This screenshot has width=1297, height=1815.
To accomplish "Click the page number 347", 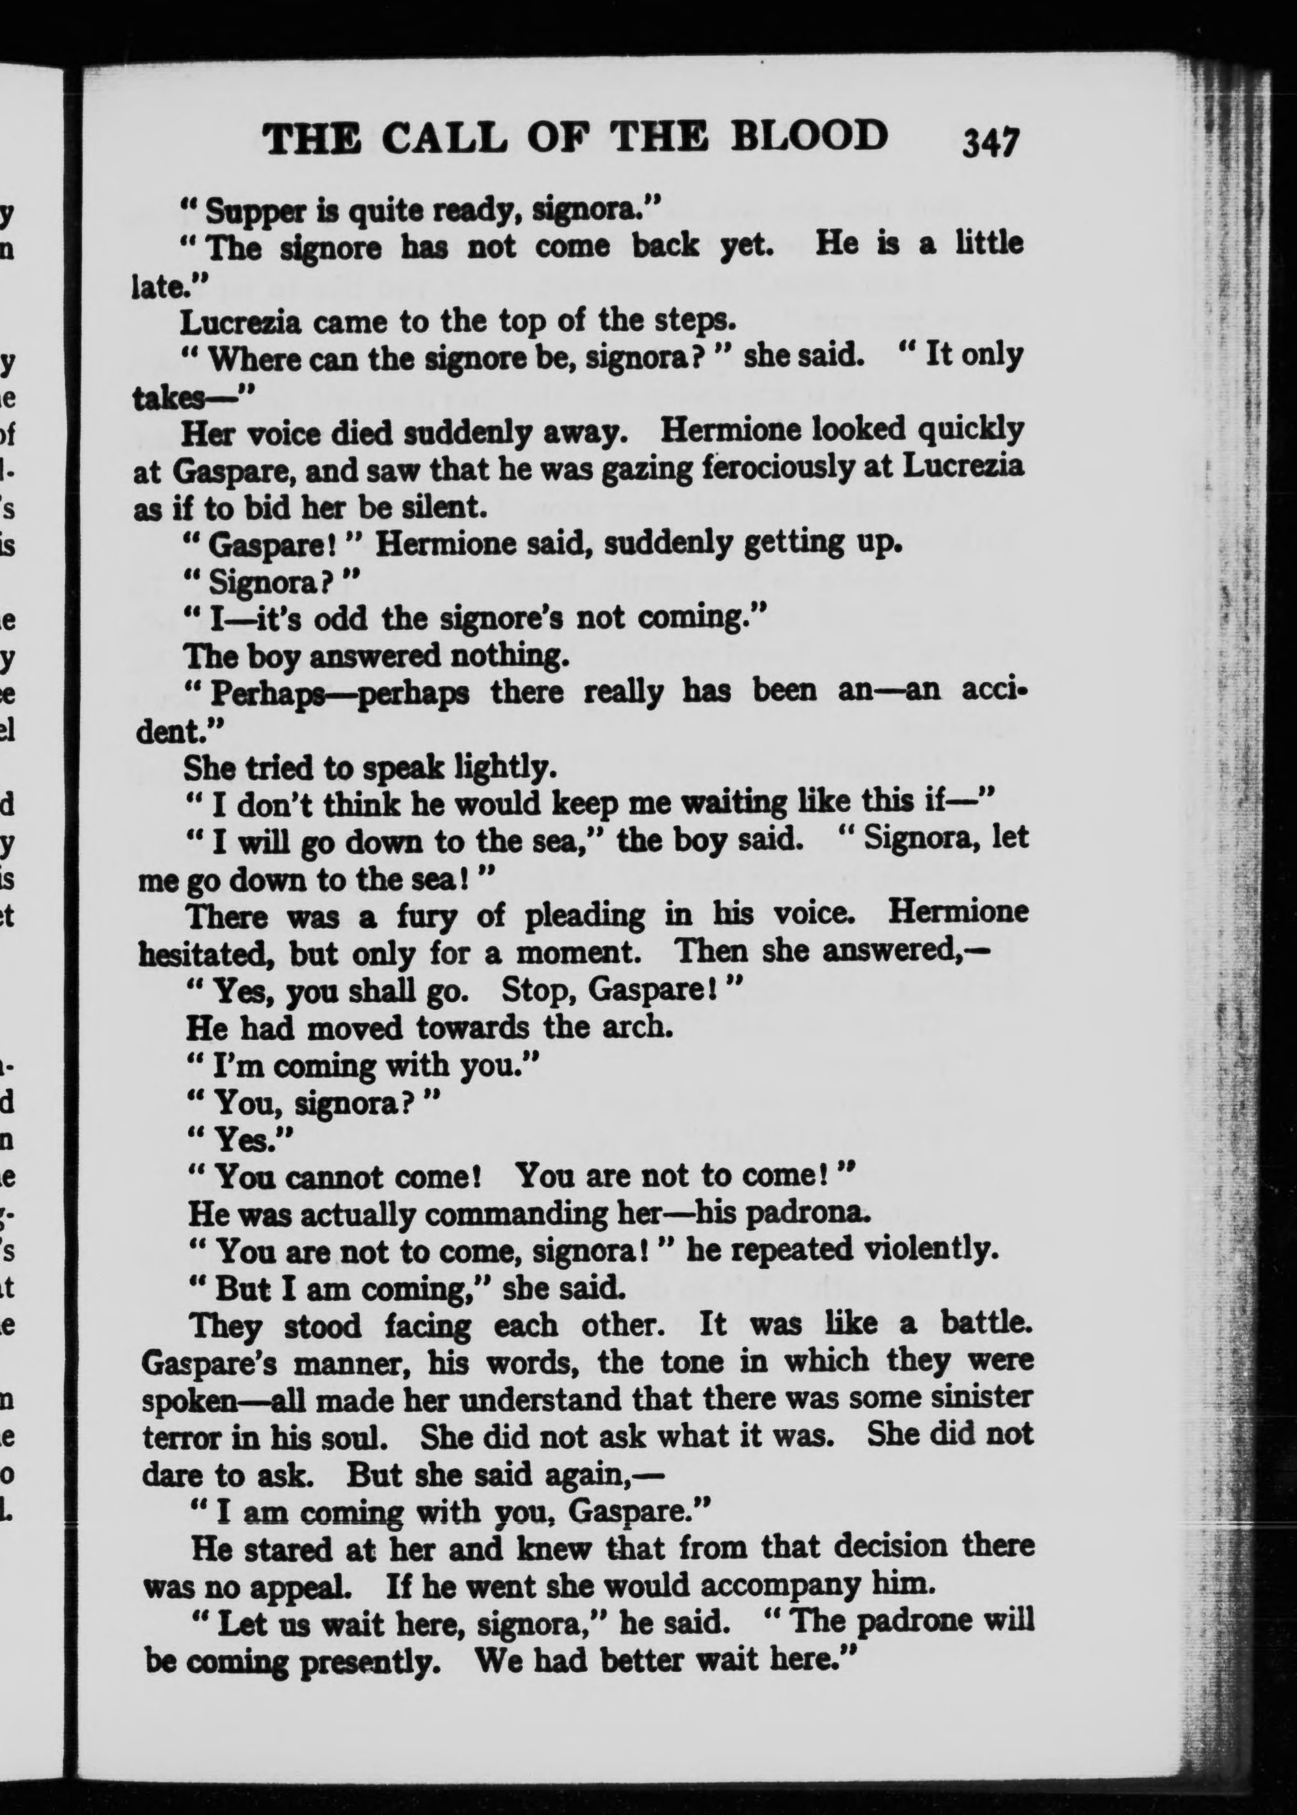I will (991, 143).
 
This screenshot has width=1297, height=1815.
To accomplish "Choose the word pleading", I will (584, 915).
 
